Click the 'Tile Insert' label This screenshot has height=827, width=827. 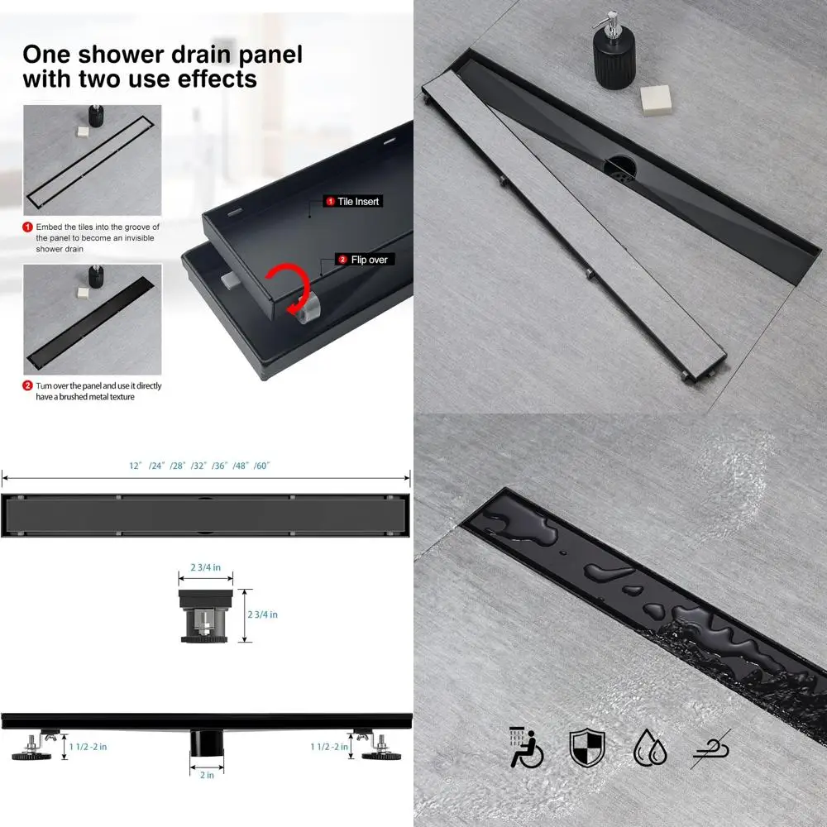click(358, 201)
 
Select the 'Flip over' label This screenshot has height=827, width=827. click(367, 260)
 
